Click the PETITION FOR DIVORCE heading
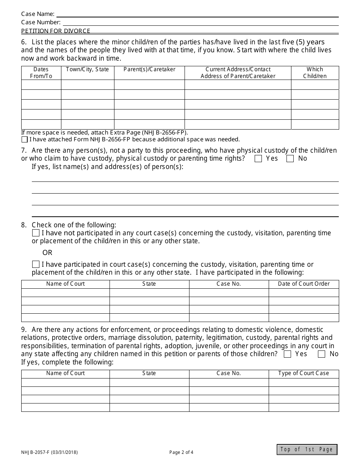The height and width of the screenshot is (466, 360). tap(56, 31)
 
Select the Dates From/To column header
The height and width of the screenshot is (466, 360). tap(41, 73)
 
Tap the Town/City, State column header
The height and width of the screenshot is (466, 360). tap(88, 69)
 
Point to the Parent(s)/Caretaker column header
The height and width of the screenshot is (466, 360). tap(149, 69)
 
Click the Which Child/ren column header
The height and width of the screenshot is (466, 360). tap(315, 73)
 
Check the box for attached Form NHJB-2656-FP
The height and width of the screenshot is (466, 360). tap(25, 139)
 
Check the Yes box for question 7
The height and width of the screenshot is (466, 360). tap(258, 159)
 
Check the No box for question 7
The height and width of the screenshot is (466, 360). tap(290, 159)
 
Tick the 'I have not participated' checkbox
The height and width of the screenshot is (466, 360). tap(36, 233)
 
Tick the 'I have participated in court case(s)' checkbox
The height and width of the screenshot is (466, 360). tap(36, 264)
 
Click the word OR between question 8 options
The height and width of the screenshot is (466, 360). tap(47, 253)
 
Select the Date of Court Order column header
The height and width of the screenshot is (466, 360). tap(304, 284)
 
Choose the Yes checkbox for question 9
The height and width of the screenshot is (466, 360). tap(288, 354)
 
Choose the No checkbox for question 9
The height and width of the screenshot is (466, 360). tap(322, 354)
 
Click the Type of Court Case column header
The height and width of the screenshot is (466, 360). tap(304, 373)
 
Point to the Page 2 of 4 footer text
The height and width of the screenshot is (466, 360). tap(181, 452)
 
